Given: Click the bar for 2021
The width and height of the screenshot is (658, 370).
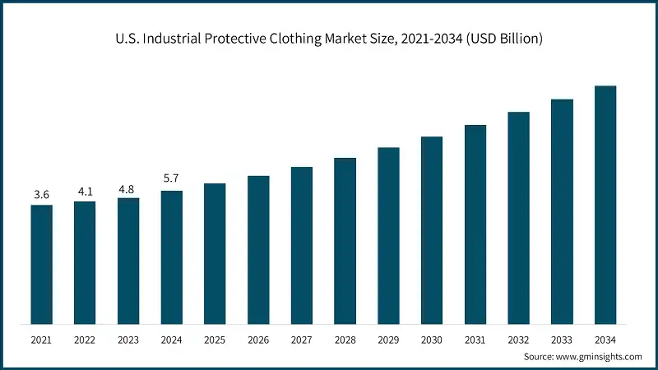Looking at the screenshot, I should (x=41, y=264).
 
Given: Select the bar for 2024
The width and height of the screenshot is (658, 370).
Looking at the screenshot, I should (x=171, y=257).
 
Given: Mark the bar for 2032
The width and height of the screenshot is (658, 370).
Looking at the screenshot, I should (x=518, y=217).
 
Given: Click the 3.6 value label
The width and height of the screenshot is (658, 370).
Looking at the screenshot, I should (x=41, y=195).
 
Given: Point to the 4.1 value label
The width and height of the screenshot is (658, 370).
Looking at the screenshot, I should (x=85, y=191).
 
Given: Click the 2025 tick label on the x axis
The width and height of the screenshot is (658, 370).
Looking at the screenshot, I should (x=215, y=340).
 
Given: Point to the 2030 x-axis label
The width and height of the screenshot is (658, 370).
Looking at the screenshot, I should (x=432, y=340).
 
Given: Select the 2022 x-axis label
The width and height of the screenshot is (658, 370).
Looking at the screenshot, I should (x=85, y=340).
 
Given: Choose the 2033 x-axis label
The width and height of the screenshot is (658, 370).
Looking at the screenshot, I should (x=562, y=340).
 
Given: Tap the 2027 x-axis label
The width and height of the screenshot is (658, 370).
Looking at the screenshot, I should (x=302, y=340).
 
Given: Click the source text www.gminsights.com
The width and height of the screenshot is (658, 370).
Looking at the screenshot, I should (x=601, y=356).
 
